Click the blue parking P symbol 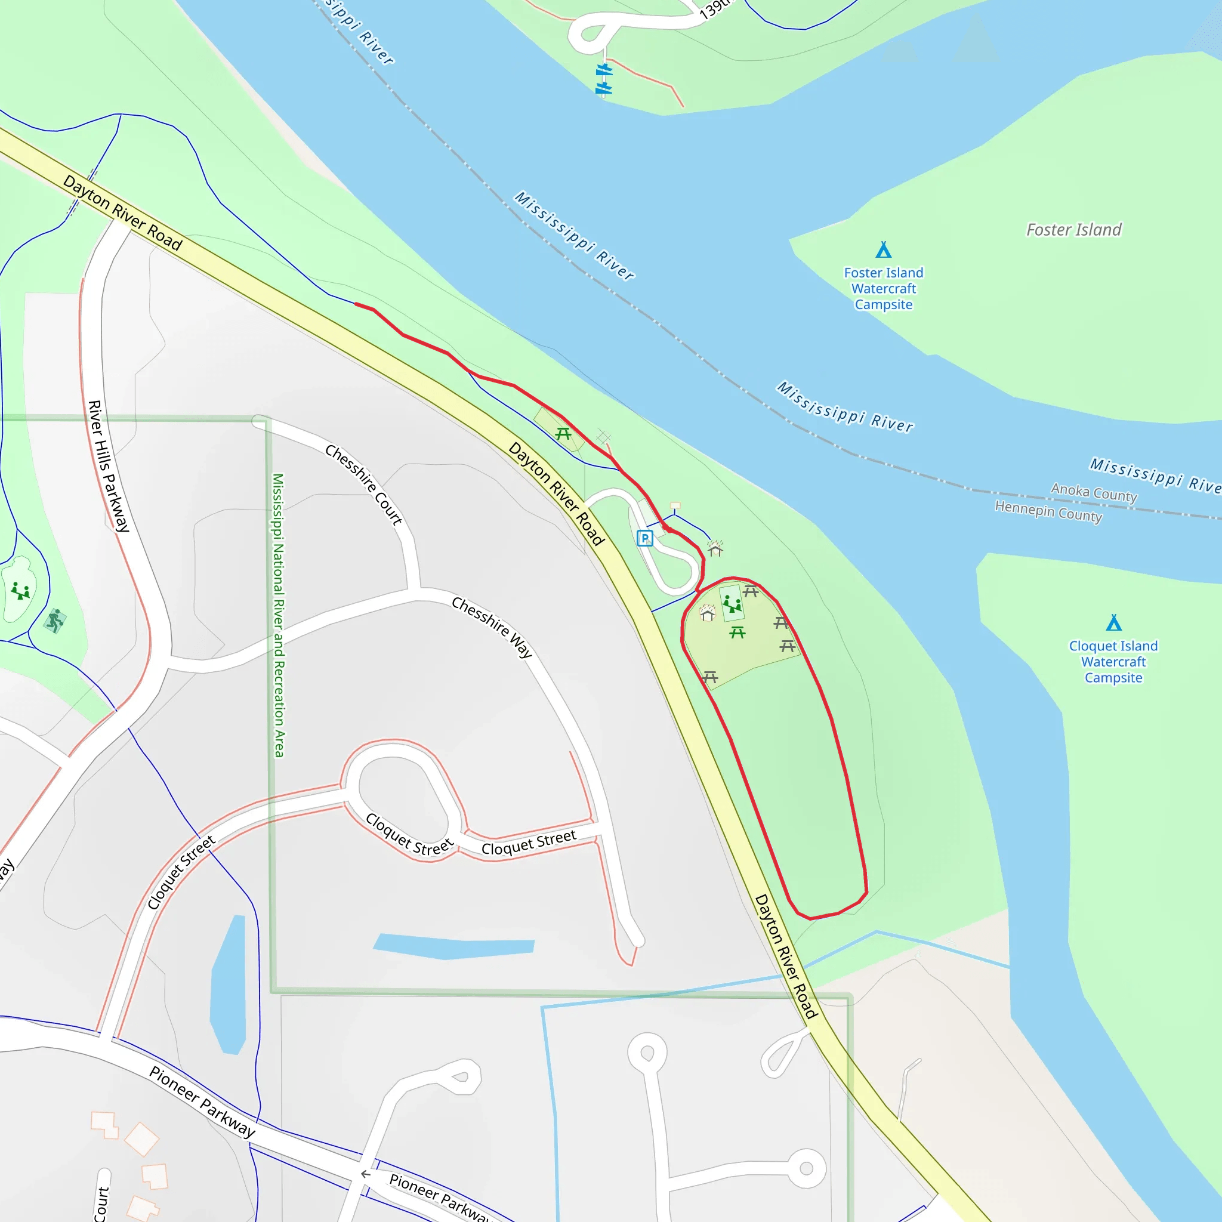(644, 538)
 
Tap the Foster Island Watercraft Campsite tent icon (884, 251)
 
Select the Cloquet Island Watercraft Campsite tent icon (1114, 623)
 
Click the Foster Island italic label (1073, 230)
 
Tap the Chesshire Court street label (364, 484)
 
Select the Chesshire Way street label (492, 626)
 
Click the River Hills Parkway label (108, 465)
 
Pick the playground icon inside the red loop (732, 604)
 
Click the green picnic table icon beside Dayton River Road (563, 434)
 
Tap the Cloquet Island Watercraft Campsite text (1113, 662)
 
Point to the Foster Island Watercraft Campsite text (884, 288)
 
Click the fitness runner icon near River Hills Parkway (55, 620)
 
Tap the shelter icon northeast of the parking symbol (715, 548)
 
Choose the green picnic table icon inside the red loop (737, 632)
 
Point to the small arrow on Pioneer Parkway (366, 1174)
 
